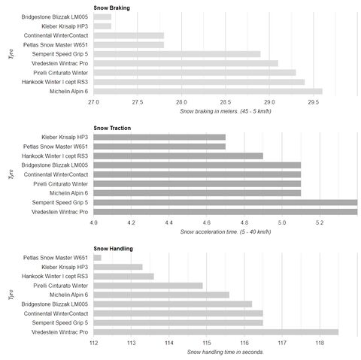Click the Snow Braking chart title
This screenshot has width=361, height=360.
click(x=111, y=8)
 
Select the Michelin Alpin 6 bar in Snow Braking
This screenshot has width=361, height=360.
click(x=208, y=91)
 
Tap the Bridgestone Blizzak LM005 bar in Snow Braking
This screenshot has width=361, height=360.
click(x=102, y=17)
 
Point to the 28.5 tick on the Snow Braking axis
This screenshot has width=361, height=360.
click(x=226, y=102)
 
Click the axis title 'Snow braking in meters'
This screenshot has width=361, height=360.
click(x=226, y=111)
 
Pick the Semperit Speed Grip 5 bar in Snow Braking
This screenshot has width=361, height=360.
click(x=177, y=54)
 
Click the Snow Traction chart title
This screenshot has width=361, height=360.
click(x=112, y=128)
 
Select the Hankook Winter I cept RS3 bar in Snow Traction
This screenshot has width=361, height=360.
click(x=178, y=156)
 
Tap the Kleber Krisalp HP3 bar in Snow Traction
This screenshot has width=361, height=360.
click(x=159, y=137)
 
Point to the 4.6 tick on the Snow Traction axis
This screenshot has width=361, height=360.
click(x=207, y=222)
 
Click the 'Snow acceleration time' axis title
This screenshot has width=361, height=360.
click(x=226, y=231)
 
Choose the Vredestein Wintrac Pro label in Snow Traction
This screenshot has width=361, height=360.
click(x=59, y=212)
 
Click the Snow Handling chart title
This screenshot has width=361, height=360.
click(x=113, y=249)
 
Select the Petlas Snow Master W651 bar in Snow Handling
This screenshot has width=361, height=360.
click(x=97, y=258)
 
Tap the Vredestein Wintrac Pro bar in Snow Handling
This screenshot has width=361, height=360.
click(x=216, y=332)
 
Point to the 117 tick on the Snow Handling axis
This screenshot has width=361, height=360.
click(x=282, y=343)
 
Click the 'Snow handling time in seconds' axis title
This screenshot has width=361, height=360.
click(x=226, y=352)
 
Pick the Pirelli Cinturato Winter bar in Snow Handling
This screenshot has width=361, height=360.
click(x=148, y=286)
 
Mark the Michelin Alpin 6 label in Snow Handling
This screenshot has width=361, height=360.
click(x=68, y=295)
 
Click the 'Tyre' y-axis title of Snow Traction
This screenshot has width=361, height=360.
click(x=11, y=174)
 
